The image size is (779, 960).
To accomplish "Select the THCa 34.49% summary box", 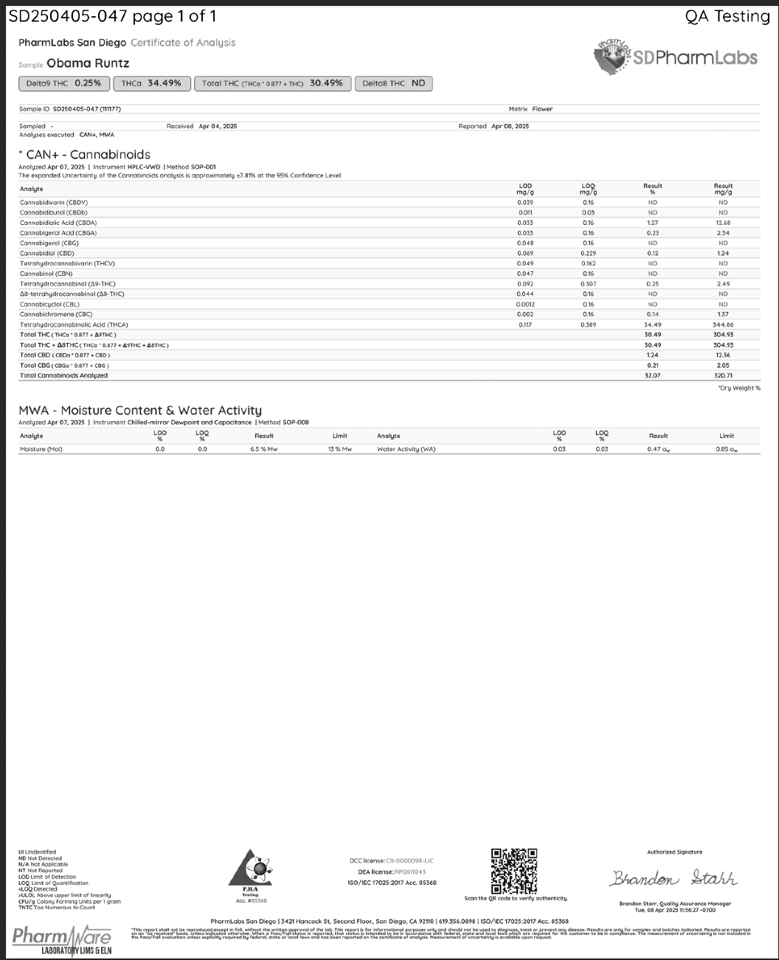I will click(x=152, y=83).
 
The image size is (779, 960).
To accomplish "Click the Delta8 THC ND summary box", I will click(x=393, y=83).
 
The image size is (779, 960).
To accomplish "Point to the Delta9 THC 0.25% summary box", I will click(x=64, y=83).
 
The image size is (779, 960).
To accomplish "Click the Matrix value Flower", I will click(x=542, y=109).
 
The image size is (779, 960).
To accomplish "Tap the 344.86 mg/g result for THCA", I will click(x=723, y=324).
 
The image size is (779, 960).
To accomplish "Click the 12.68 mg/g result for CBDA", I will click(x=723, y=223).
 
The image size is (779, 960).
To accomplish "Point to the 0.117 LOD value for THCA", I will click(x=525, y=324).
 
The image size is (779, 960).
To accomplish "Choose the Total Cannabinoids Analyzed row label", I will click(x=63, y=375).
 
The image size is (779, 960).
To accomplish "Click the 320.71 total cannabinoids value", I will click(x=723, y=375).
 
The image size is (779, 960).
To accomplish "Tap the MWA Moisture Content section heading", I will click(x=140, y=410).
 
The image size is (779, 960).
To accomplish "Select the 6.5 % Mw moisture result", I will click(x=264, y=449).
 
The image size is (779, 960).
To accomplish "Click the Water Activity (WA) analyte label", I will click(x=406, y=449).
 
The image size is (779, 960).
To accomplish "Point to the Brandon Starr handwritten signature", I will click(x=674, y=879).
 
